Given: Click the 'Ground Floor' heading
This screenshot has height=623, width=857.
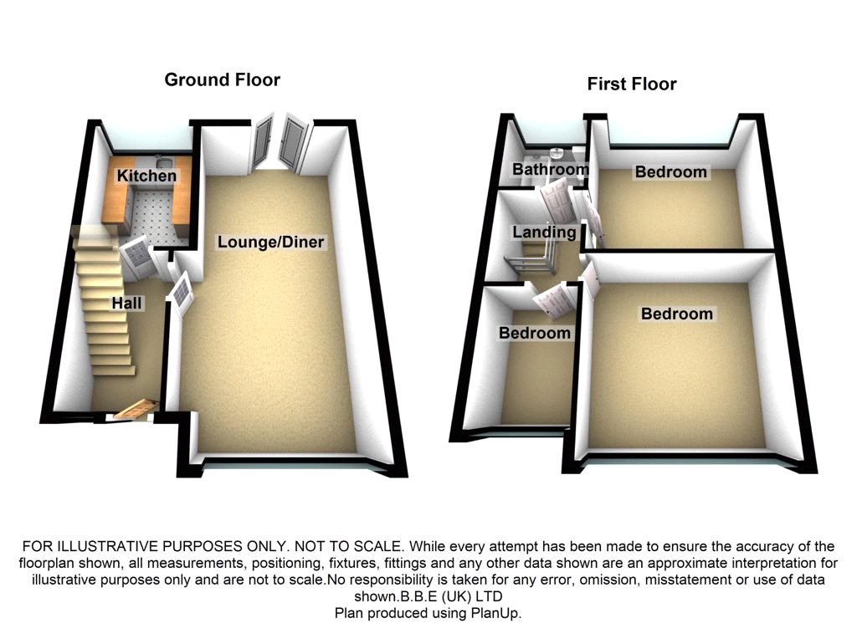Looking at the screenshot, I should pos(222,80).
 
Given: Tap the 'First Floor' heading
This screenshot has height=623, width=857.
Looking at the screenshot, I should pos(632,84).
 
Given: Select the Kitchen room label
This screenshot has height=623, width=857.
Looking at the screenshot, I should pos(146,176).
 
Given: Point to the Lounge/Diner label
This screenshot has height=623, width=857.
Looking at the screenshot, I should pos(270,243).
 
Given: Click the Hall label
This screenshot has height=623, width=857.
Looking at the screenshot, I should pos(126,304).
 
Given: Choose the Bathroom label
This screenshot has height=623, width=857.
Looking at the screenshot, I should pos(550,170).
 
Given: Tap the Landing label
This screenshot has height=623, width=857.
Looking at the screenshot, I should pos(544,232).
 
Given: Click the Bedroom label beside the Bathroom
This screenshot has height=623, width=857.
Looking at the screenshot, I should pos(670,171).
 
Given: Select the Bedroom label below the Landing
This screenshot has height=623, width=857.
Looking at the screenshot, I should pos(535,333).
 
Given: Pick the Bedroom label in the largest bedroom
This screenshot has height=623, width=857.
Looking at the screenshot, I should pos(677,314).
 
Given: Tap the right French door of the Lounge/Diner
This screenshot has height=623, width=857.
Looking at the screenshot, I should pos(295,145).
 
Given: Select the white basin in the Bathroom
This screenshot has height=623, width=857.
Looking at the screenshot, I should pos(557,153).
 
